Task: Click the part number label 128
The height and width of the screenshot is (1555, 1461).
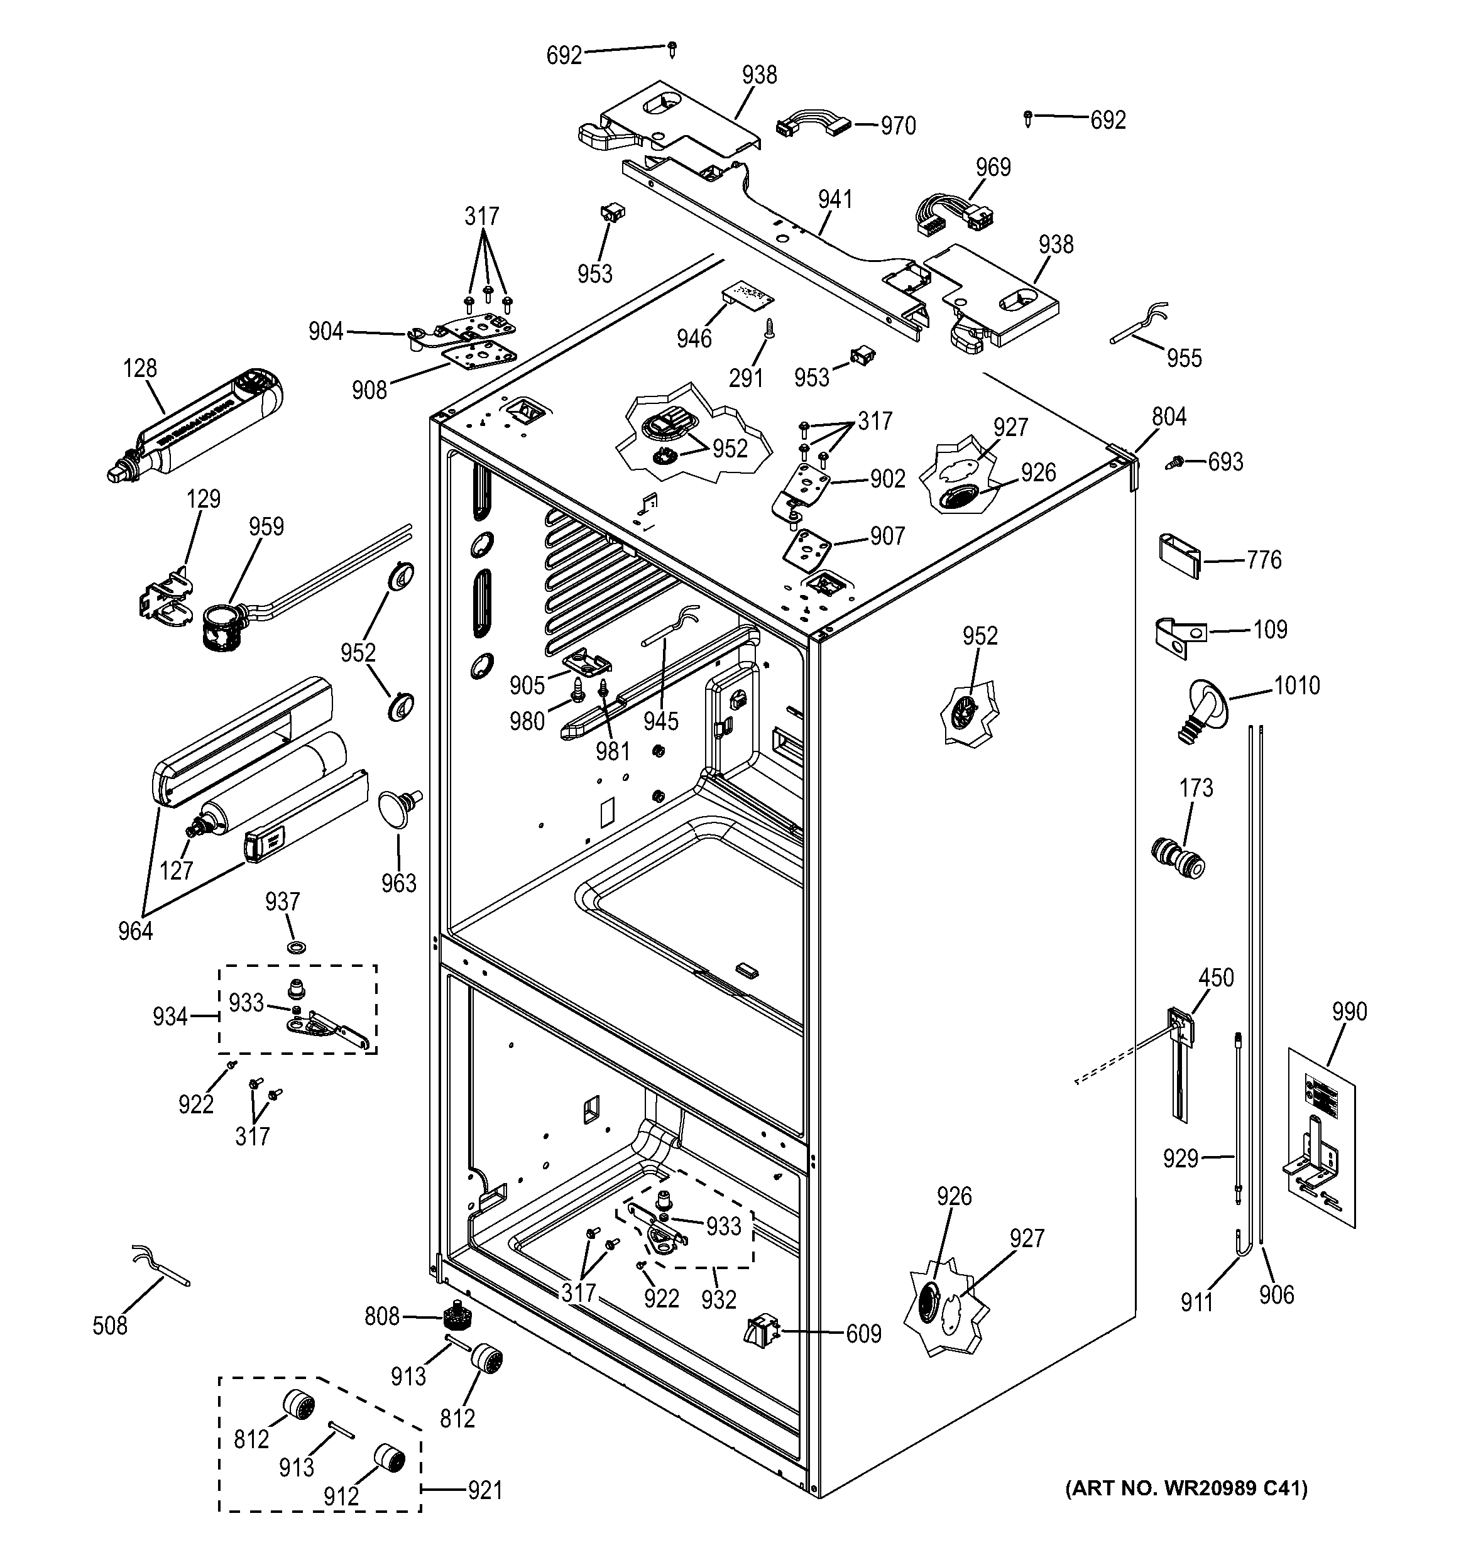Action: pyautogui.click(x=140, y=368)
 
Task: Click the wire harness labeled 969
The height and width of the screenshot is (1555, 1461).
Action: pyautogui.click(x=949, y=214)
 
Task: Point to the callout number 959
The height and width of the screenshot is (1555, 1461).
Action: pyautogui.click(x=266, y=527)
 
